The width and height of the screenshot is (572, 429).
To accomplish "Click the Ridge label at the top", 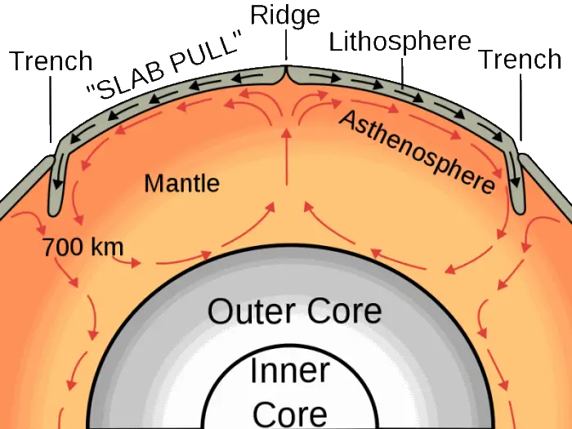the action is (285, 16).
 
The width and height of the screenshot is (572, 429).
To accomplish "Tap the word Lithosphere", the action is (400, 42).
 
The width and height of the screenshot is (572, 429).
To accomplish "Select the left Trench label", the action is (51, 60).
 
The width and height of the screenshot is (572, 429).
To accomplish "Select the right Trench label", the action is (520, 59).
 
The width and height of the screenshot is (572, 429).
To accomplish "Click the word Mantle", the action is (182, 183).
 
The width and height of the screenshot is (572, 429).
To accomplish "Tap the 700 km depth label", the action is (83, 247).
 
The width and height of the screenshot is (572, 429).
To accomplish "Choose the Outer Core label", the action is (295, 311).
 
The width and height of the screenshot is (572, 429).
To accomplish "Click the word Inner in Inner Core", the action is (290, 371).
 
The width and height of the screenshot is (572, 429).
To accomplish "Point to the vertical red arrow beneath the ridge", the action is (287, 157).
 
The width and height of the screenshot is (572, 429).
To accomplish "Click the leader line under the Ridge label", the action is (286, 45).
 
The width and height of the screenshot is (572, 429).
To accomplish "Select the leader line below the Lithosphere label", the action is (403, 73).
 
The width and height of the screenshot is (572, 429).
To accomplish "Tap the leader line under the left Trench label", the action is (51, 109).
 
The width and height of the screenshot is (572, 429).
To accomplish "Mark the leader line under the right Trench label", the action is (521, 107).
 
